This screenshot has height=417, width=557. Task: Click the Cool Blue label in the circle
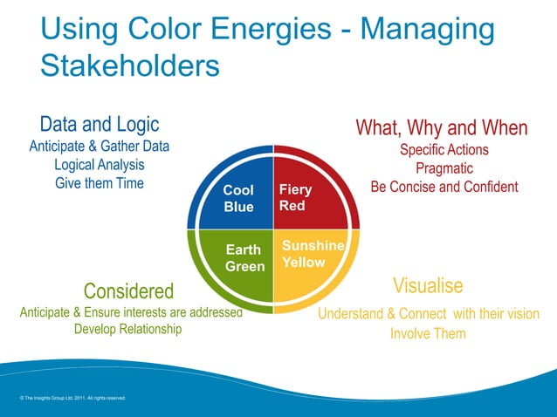238,198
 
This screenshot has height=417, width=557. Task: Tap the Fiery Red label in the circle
295,198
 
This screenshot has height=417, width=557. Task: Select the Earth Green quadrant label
244,258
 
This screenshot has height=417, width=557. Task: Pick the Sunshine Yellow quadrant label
313,254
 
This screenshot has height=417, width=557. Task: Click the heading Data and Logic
99,125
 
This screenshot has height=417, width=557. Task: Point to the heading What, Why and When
441,128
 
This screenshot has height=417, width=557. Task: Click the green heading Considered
128,291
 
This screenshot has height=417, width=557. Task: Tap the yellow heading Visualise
428,286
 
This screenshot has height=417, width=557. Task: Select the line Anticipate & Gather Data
100,146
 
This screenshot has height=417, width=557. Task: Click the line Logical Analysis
100,165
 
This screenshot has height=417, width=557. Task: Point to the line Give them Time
100,184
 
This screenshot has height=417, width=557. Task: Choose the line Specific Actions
444,150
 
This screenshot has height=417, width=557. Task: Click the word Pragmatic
444,168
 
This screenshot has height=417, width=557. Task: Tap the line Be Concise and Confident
444,188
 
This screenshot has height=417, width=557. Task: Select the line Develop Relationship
128,329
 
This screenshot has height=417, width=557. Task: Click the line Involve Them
428,333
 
